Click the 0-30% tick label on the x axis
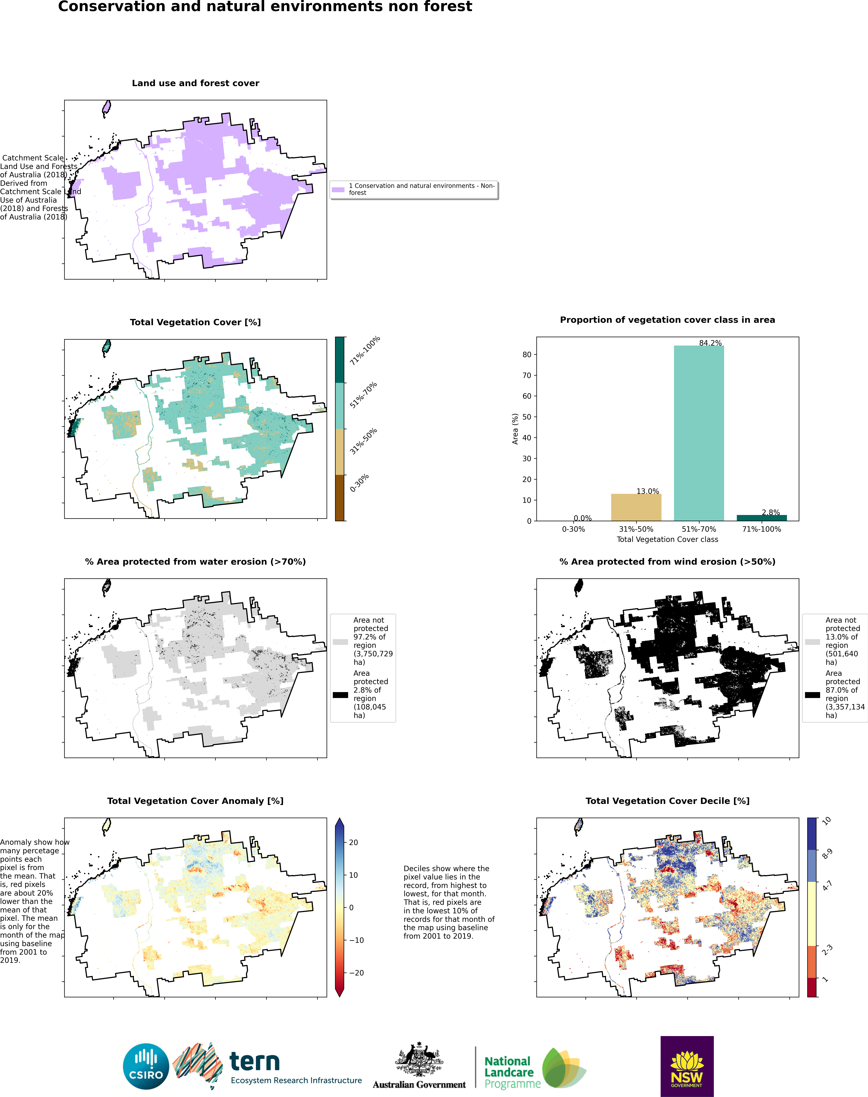point(573,529)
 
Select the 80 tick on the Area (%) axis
point(527,355)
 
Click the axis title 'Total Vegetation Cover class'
point(667,539)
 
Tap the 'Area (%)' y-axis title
point(515,429)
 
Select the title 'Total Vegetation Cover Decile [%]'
point(667,800)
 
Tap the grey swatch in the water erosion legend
point(340,642)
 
